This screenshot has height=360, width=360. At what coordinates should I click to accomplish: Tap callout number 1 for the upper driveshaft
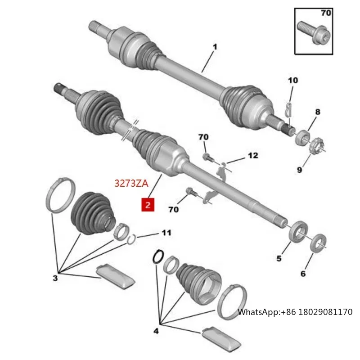pyautogui.click(x=215, y=46)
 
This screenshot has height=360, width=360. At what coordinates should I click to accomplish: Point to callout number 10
pyautogui.click(x=293, y=81)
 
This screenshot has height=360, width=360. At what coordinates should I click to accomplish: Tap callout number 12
pyautogui.click(x=253, y=156)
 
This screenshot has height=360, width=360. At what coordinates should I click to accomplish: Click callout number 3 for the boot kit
pyautogui.click(x=55, y=279)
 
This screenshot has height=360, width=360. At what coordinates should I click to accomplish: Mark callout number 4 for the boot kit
pyautogui.click(x=156, y=332)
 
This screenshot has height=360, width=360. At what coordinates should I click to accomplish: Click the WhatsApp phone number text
pyautogui.click(x=295, y=312)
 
